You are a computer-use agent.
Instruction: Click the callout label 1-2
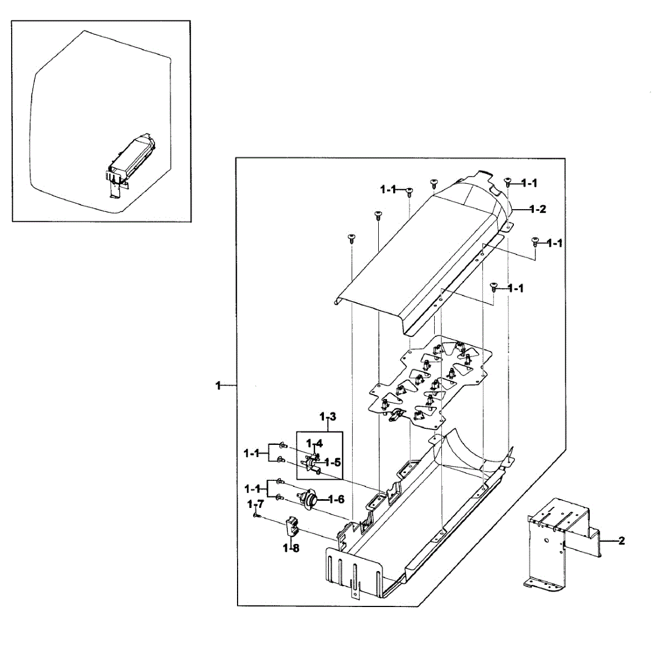click(538, 209)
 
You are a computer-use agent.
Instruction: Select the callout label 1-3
click(328, 416)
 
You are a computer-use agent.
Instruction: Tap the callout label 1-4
click(315, 443)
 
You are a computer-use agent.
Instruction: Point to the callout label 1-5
click(332, 462)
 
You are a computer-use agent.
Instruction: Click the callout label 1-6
click(336, 499)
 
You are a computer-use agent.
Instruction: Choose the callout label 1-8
click(291, 548)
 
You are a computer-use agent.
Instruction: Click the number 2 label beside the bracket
click(621, 541)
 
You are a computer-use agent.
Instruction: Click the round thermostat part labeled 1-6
click(309, 499)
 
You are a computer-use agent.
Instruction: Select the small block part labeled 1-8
click(292, 526)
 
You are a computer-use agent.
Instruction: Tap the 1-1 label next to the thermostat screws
click(252, 489)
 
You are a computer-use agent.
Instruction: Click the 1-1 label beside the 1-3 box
click(252, 453)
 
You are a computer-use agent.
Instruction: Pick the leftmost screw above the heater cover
click(351, 238)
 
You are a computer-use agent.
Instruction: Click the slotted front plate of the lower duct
click(354, 573)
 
